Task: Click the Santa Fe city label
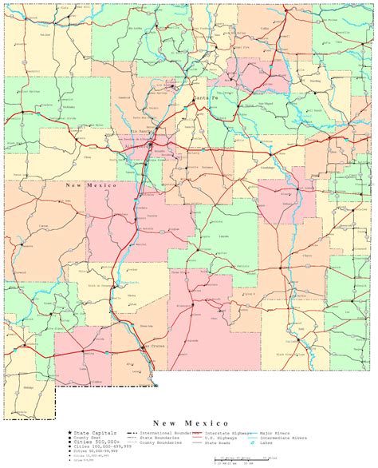click(x=203, y=99)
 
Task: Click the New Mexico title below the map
click(x=191, y=422)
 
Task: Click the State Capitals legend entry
click(x=91, y=432)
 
